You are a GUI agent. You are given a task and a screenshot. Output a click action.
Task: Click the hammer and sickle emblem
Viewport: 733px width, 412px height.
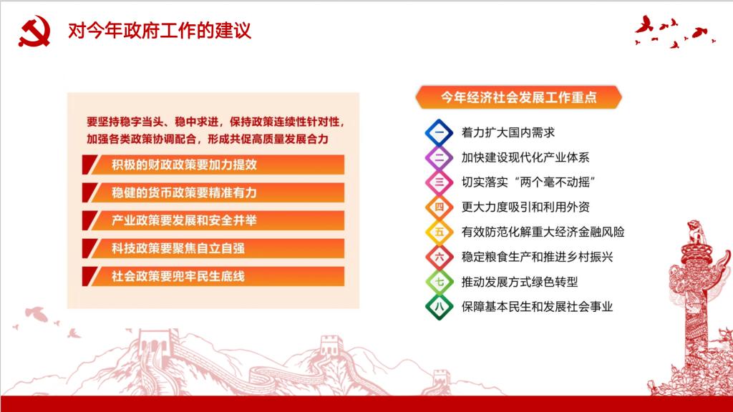[x=34, y=31]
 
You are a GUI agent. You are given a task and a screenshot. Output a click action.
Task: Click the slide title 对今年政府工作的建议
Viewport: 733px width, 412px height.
[x=160, y=31]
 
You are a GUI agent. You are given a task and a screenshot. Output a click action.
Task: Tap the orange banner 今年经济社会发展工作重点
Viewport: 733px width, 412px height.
[x=518, y=97]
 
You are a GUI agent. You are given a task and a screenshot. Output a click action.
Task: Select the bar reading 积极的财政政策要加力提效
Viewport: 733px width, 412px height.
[x=213, y=165]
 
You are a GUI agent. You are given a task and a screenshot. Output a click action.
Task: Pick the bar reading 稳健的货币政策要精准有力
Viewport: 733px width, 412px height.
[x=213, y=192]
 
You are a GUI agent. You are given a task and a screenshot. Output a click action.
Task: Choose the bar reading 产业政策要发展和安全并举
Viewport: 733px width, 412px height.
[x=213, y=220]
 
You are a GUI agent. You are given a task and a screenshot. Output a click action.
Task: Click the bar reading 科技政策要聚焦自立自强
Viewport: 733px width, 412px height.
[x=213, y=248]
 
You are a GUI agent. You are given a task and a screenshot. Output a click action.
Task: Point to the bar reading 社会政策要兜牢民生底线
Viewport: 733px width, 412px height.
[x=213, y=277]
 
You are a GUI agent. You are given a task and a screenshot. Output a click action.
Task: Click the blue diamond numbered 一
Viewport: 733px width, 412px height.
[x=439, y=132]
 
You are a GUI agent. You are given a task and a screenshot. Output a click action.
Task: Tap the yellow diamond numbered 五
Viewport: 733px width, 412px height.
[x=439, y=232]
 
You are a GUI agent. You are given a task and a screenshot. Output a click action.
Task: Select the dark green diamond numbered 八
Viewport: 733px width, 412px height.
[x=439, y=307]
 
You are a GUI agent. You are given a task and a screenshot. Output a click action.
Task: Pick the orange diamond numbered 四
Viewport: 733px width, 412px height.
[x=439, y=207]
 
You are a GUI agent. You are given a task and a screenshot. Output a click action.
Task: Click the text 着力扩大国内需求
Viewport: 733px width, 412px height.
[x=508, y=132]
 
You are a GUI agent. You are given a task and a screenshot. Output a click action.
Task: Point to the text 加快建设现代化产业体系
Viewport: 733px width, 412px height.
[x=525, y=157]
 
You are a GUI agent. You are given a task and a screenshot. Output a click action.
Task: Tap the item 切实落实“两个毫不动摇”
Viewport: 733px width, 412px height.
[x=528, y=182]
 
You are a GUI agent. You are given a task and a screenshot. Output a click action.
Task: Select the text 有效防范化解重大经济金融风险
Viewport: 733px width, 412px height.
[x=543, y=232]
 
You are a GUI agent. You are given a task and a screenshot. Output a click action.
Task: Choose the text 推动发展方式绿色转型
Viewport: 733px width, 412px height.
[x=520, y=282]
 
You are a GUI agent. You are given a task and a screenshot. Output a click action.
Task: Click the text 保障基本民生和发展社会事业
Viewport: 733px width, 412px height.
[x=537, y=307]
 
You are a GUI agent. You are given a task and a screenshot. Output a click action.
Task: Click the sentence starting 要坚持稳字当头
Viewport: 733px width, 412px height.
[x=216, y=130]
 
